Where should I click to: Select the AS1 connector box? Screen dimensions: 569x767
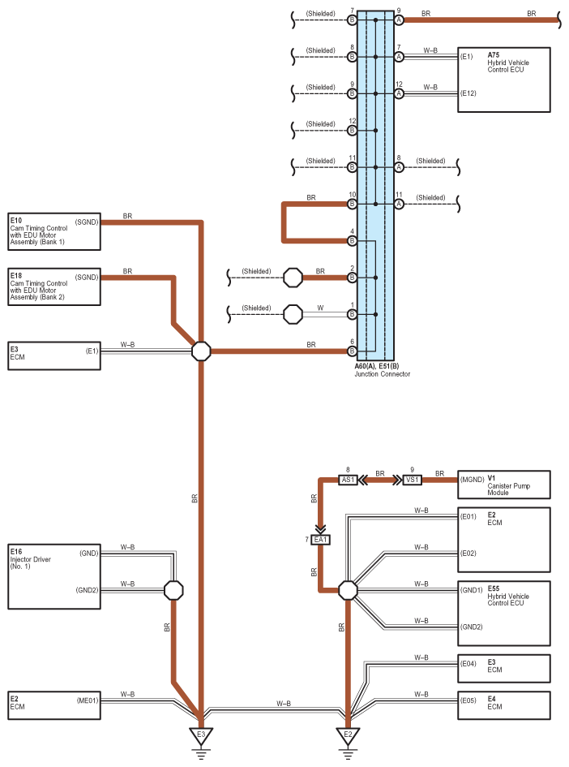pyautogui.click(x=348, y=480)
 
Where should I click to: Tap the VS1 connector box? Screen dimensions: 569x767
pyautogui.click(x=413, y=480)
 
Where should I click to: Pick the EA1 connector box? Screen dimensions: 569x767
pyautogui.click(x=320, y=540)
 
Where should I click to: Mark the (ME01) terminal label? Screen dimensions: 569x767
pyautogui.click(x=88, y=700)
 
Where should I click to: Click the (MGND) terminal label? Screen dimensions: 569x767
pyautogui.click(x=472, y=480)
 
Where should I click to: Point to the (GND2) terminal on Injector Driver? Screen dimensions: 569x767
pyautogui.click(x=87, y=590)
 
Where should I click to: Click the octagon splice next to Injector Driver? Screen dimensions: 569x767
pyautogui.click(x=173, y=590)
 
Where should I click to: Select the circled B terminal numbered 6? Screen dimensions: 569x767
pyautogui.click(x=352, y=351)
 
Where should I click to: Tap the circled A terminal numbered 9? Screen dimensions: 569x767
pyautogui.click(x=399, y=20)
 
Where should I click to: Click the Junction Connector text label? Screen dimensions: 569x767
pyautogui.click(x=383, y=374)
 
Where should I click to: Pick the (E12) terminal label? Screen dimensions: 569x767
pyautogui.click(x=468, y=93)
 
